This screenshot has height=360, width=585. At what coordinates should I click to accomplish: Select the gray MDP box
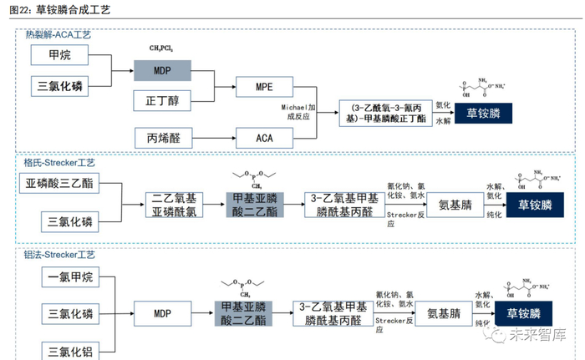tap(162, 71)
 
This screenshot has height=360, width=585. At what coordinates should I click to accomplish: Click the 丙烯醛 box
tap(162, 136)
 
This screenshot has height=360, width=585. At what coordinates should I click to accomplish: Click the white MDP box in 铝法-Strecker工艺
tap(162, 314)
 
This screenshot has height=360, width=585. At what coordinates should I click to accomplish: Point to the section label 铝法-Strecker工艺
tap(59, 254)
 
